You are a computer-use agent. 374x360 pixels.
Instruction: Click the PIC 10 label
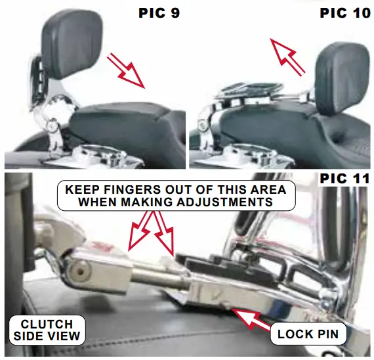[x=345, y=12]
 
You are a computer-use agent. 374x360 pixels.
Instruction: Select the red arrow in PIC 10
[x=289, y=56]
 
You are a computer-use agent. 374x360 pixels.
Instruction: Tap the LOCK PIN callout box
[x=308, y=334]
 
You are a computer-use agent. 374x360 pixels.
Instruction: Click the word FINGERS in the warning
[x=128, y=191]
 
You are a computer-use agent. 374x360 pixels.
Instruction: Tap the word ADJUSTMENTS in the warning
[x=225, y=203]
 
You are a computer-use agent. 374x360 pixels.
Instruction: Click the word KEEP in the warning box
[x=81, y=191]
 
